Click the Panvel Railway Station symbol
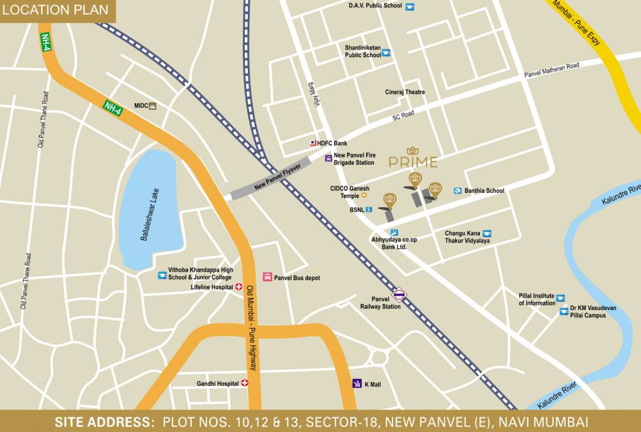(399, 294)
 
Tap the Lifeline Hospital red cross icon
(238, 287)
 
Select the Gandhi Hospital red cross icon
(244, 383)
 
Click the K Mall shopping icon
(357, 384)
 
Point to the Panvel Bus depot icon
(268, 277)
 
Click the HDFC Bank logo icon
(313, 143)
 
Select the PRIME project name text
(413, 163)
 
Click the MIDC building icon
(152, 105)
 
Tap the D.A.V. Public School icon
(409, 6)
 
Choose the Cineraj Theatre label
(405, 92)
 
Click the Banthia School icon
(457, 191)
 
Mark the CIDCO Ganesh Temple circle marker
(364, 195)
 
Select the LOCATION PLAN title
(56, 10)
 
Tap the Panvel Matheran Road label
(551, 70)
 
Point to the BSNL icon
(369, 210)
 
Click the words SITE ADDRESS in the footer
(104, 422)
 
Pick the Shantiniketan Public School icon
(386, 53)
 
